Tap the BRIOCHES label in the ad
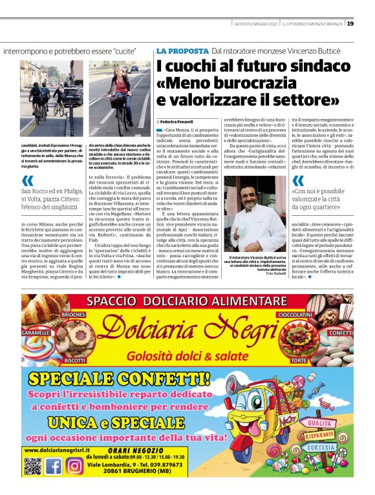click(74, 314)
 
